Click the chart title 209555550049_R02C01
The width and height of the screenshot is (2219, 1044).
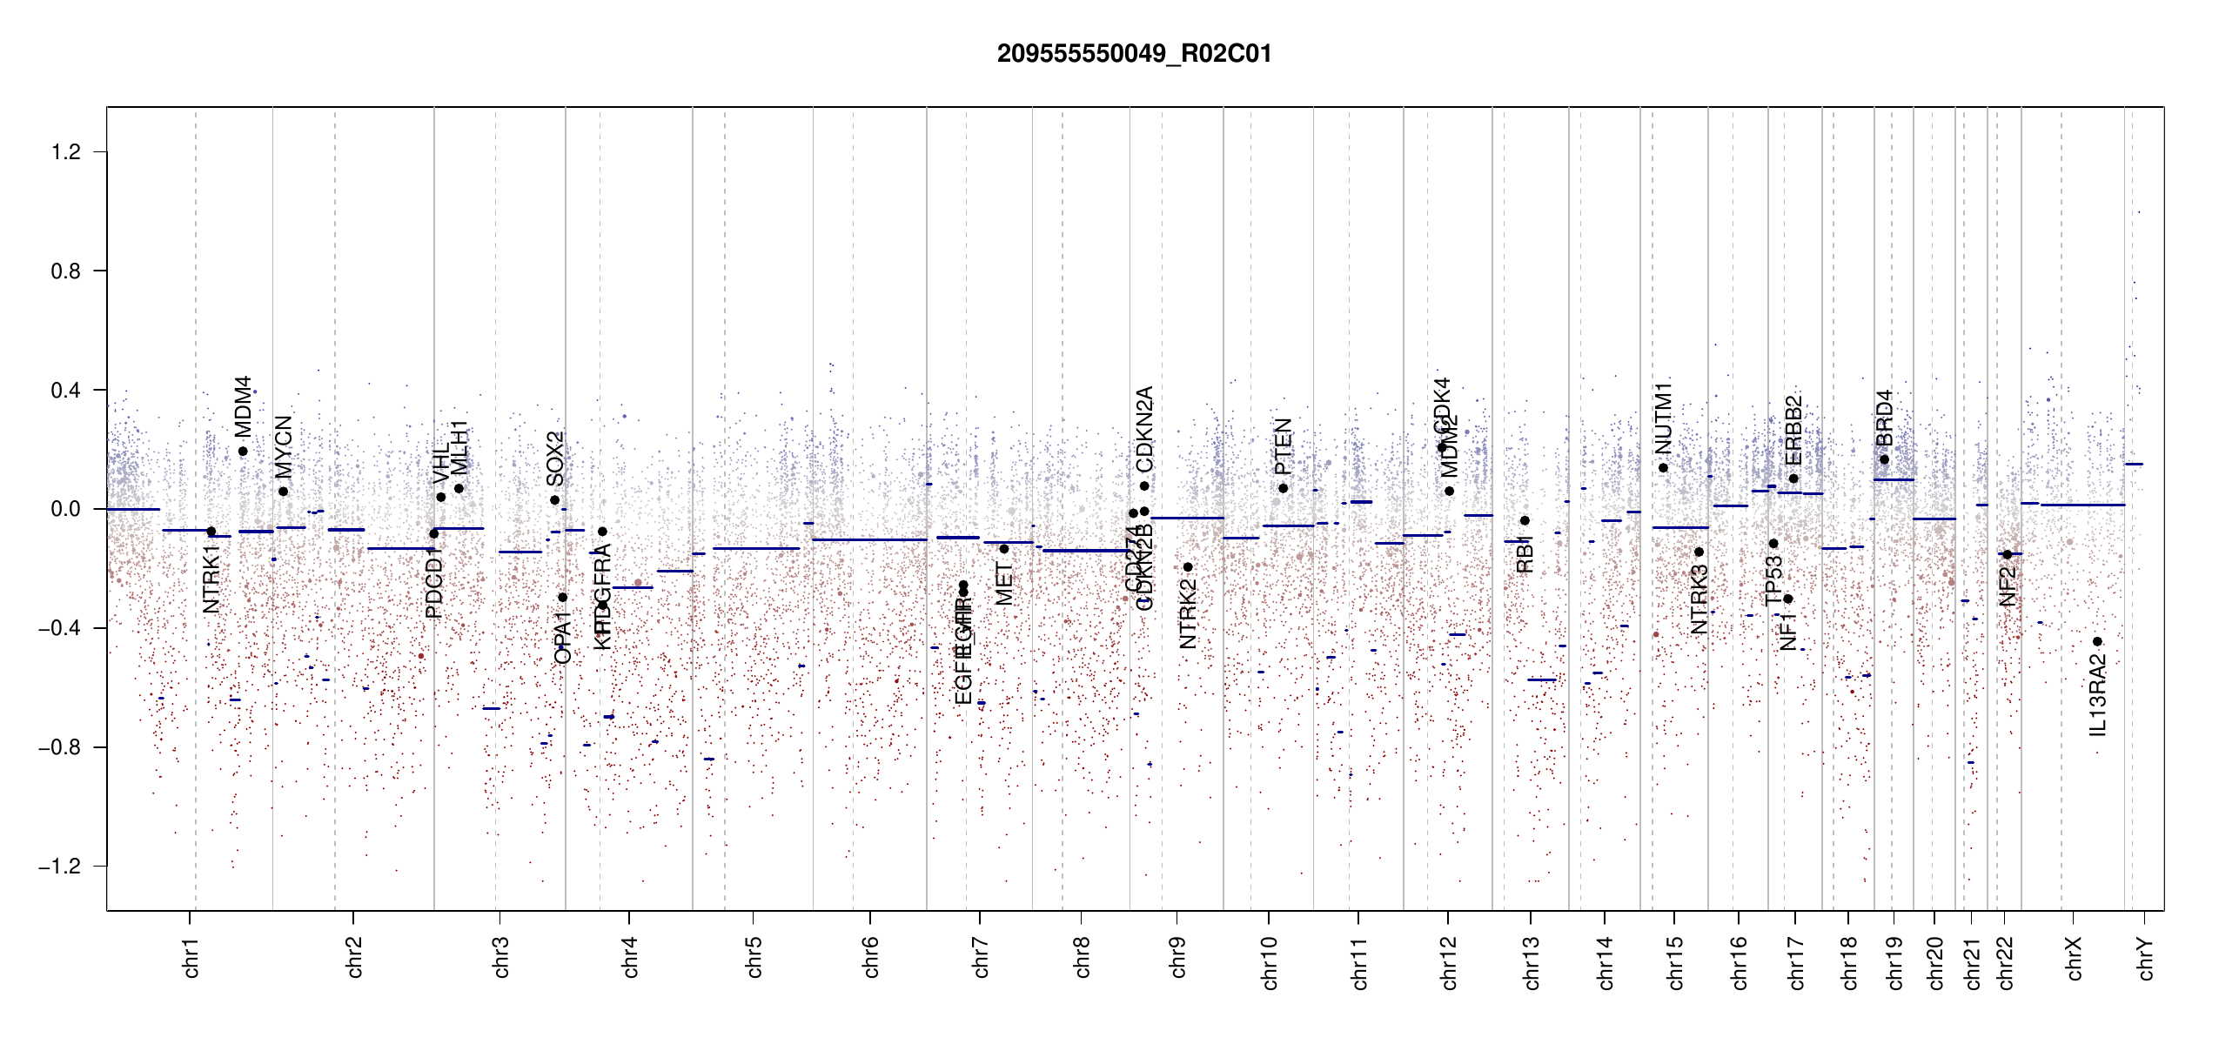click(x=1134, y=54)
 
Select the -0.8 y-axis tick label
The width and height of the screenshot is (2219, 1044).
click(x=60, y=747)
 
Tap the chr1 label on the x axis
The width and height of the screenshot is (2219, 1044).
click(x=191, y=958)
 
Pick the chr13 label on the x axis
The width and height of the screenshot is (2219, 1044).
click(x=1532, y=962)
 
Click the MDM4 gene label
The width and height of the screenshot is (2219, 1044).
click(x=243, y=406)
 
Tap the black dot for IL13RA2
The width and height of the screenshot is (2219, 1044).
click(x=2097, y=642)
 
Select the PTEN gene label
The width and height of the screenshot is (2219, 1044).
click(x=1284, y=446)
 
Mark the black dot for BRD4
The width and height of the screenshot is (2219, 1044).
click(x=1884, y=460)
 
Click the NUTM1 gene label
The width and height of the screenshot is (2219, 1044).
click(x=1664, y=418)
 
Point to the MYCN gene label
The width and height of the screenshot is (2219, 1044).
click(x=284, y=447)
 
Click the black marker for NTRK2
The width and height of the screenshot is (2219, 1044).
click(x=1188, y=567)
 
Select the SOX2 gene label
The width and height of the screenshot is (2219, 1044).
click(x=555, y=458)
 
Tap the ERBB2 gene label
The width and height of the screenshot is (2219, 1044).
click(x=1793, y=431)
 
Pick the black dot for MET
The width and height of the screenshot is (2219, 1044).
click(x=1003, y=549)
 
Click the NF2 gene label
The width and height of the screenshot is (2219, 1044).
click(x=2008, y=586)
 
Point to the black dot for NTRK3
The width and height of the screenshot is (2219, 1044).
click(x=1699, y=552)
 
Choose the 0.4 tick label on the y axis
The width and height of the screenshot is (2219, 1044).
click(x=66, y=391)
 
